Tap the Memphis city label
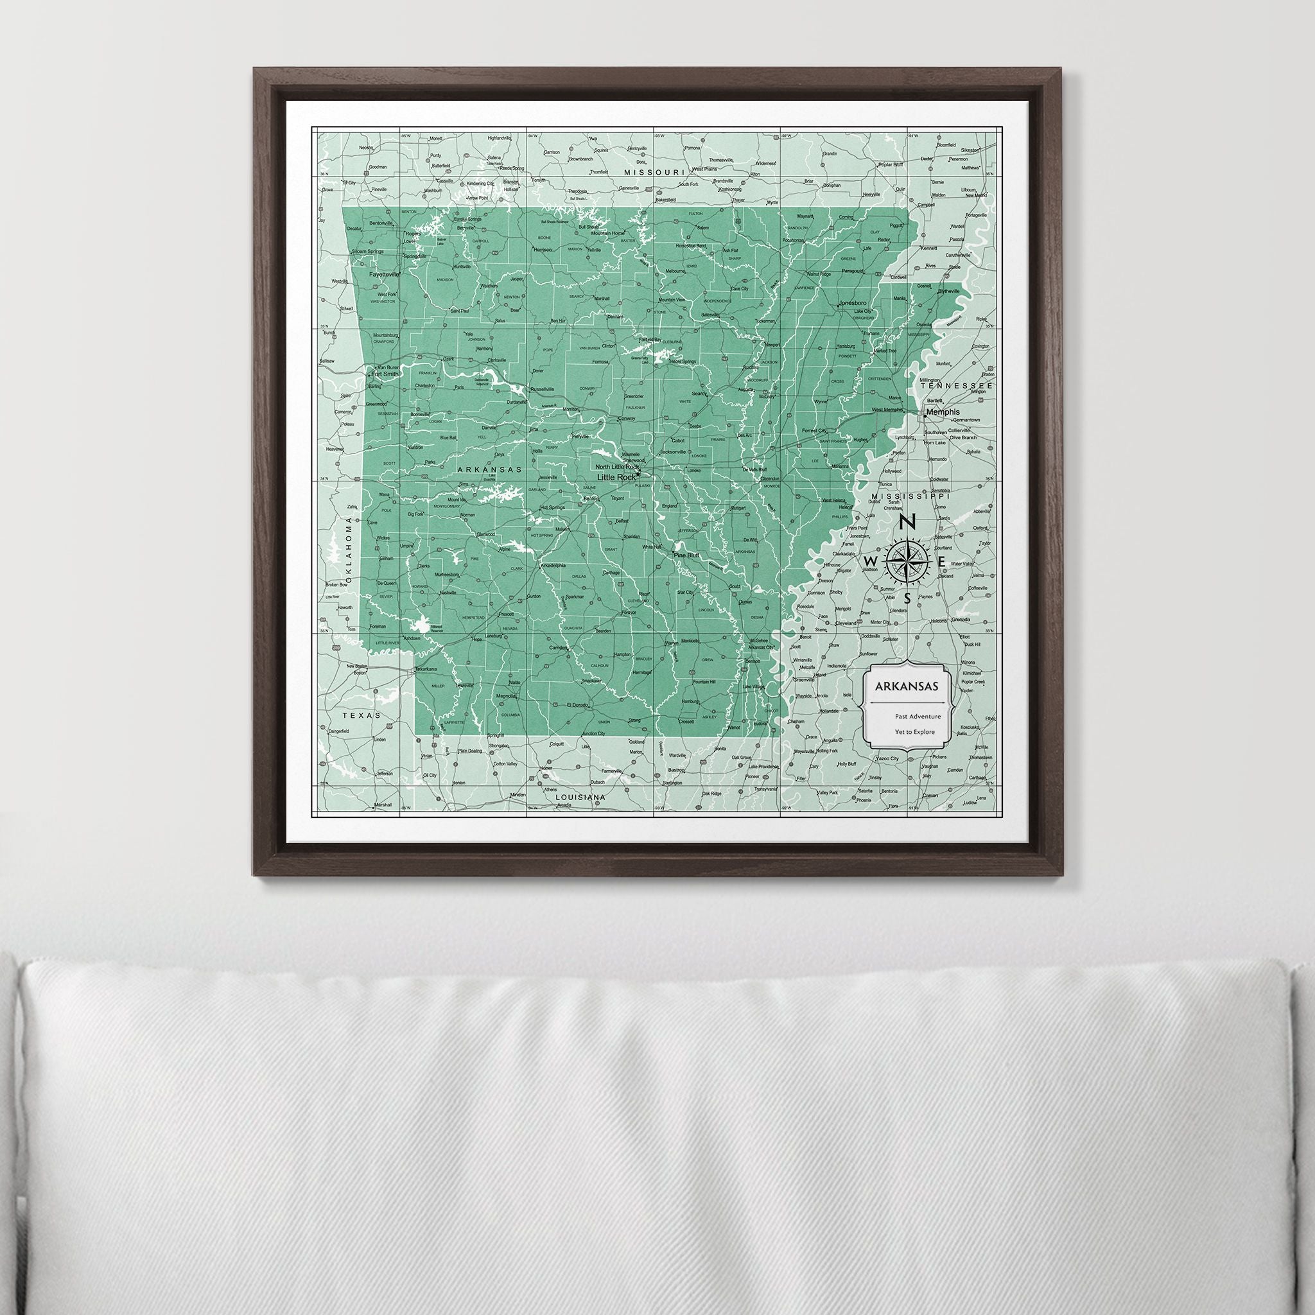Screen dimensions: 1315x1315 [x=943, y=412]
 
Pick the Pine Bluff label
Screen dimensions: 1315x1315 [x=687, y=555]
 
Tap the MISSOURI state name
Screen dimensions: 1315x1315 [x=654, y=173]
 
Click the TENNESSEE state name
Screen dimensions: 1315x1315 [x=956, y=385]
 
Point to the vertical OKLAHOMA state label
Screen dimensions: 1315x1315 [x=350, y=550]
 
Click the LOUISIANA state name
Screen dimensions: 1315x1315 [x=580, y=796]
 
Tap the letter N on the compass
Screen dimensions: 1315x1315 [x=907, y=522]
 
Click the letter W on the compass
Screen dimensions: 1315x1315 [x=870, y=560]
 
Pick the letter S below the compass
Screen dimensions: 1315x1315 [x=907, y=598]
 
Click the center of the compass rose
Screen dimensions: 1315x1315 [x=907, y=560]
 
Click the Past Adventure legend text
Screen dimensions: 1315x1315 [x=919, y=716]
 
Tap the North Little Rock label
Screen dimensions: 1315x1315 [x=616, y=467]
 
